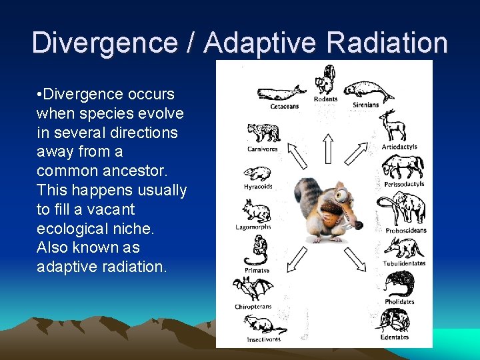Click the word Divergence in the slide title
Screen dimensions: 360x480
coord(104,43)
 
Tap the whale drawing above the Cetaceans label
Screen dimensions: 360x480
coord(281,93)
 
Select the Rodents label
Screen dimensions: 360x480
coord(326,100)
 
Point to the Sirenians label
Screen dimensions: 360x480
coord(365,105)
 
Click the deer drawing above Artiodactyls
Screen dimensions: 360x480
coord(393,126)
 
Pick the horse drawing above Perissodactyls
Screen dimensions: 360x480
coord(403,167)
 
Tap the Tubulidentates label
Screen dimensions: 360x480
coord(404,264)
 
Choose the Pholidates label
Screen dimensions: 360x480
coord(399,301)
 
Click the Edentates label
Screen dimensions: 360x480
coord(395,337)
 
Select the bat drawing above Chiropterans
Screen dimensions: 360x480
coord(253,289)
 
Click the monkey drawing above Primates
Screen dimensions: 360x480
coord(255,251)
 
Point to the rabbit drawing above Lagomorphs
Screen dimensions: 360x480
coord(257,211)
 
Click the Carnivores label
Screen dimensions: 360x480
coord(262,149)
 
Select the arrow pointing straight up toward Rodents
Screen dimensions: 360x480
coord(327,148)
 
